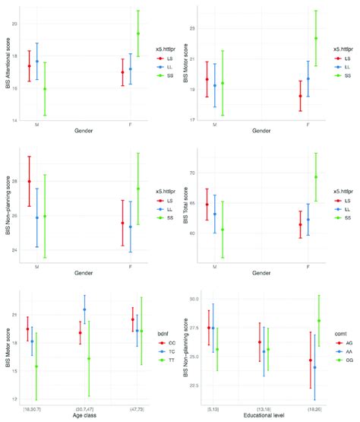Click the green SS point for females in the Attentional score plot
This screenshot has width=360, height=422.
[137, 33]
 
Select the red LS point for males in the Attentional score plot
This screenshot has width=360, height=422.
[30, 66]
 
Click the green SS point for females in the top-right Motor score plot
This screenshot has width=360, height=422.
[315, 38]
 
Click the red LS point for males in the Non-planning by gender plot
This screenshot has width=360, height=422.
[30, 181]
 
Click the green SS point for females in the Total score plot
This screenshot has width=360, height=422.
[315, 176]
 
